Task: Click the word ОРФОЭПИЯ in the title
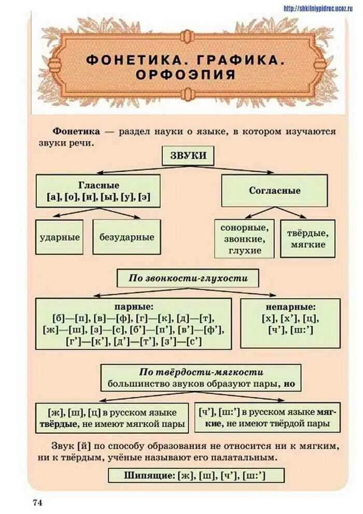coord(186,74)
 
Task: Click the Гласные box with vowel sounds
coord(99,191)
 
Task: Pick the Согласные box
coord(274,190)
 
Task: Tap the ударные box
coord(60,237)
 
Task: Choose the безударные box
coord(127,237)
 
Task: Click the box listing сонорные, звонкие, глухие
coord(244,239)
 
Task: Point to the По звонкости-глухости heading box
coord(188,278)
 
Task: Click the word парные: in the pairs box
coord(133,307)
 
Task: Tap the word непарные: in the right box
coord(290,307)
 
